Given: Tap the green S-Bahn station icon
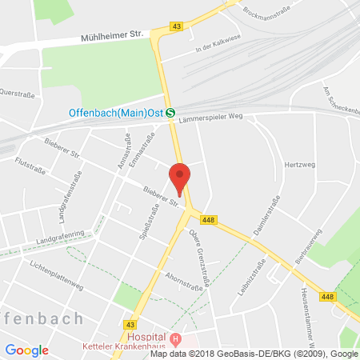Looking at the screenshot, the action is [170, 113].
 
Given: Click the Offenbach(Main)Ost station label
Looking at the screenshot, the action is [113, 113].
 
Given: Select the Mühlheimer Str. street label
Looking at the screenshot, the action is [115, 36].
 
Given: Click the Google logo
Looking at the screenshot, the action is [27, 350].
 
